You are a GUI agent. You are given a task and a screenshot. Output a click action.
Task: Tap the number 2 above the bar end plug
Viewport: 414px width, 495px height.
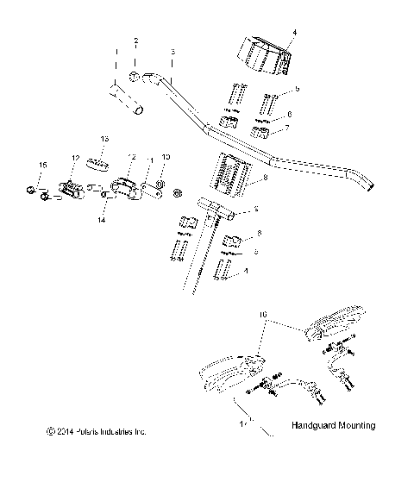(135, 41)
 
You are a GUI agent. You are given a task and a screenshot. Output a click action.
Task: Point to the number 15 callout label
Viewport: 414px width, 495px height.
(41, 164)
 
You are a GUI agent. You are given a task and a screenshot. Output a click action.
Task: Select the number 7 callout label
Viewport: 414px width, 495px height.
(288, 128)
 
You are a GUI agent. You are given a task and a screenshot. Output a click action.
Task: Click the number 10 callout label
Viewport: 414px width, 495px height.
(167, 157)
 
